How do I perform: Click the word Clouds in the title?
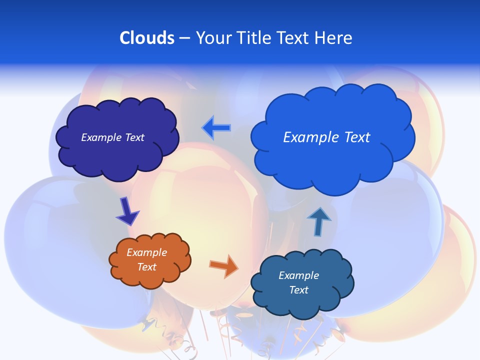point(147,38)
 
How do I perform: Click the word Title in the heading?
point(253,38)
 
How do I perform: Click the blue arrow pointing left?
point(216,128)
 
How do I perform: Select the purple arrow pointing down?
point(126,211)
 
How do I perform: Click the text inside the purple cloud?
point(113,137)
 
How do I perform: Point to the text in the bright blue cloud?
point(326,137)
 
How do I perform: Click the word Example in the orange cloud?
point(146,252)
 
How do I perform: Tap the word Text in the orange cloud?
point(146,267)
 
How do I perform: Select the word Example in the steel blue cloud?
point(298,275)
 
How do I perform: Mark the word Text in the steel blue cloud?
point(298,290)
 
